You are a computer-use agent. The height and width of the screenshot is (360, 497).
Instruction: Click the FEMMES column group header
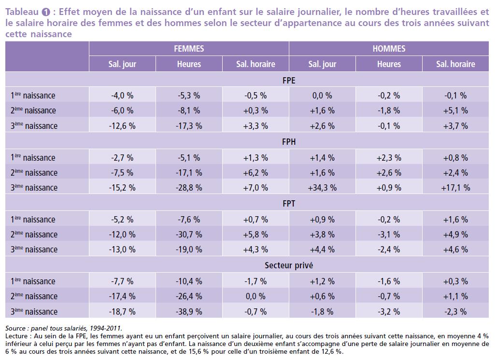pyautogui.click(x=189, y=49)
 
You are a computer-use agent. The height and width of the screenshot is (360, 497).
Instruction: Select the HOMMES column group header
pyautogui.click(x=389, y=49)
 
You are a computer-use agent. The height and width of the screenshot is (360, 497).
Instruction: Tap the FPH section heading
pyautogui.click(x=288, y=142)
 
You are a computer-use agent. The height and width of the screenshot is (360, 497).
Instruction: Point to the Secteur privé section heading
pyautogui.click(x=288, y=265)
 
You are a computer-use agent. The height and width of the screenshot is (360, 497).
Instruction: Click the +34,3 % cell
pyautogui.click(x=322, y=188)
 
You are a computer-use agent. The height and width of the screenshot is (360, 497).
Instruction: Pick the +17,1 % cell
pyautogui.click(x=455, y=188)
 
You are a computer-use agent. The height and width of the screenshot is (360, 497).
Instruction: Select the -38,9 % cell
pyautogui.click(x=189, y=311)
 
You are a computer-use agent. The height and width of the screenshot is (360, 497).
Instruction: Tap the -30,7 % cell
pyautogui.click(x=189, y=235)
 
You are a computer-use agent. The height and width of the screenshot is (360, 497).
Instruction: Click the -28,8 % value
pyautogui.click(x=189, y=188)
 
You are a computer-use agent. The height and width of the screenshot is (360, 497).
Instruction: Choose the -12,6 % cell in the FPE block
pyautogui.click(x=123, y=126)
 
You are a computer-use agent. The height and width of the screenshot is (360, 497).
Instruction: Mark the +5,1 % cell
pyautogui.click(x=455, y=111)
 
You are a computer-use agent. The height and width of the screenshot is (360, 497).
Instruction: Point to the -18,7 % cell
pyautogui.click(x=123, y=311)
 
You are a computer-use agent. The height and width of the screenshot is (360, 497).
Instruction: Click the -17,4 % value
pyautogui.click(x=123, y=296)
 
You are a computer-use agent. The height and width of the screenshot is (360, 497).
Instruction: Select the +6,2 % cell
pyautogui.click(x=256, y=173)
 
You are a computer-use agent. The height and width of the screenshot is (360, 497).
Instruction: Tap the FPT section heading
pyautogui.click(x=288, y=204)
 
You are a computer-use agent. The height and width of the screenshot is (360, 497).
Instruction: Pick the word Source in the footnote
pyautogui.click(x=15, y=328)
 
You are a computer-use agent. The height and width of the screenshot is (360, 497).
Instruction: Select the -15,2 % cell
pyautogui.click(x=123, y=188)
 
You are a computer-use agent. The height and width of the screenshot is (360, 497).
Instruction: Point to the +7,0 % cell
pyautogui.click(x=256, y=188)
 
